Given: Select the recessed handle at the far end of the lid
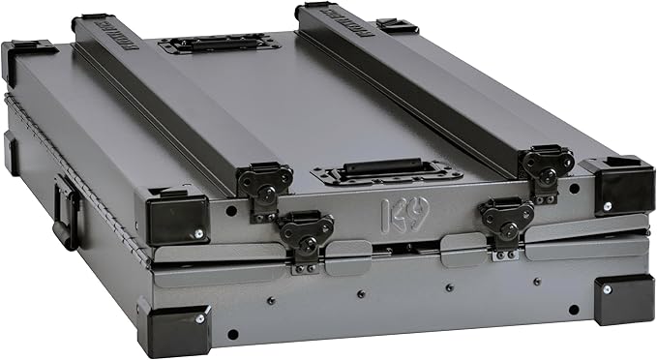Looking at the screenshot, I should coord(220,43).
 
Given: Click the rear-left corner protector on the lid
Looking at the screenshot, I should coord(27,59).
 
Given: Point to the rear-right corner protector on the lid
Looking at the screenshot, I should coord(396,25).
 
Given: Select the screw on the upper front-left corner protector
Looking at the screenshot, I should coord(199,233).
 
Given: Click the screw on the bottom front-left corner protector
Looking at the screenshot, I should coord(199,317).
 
